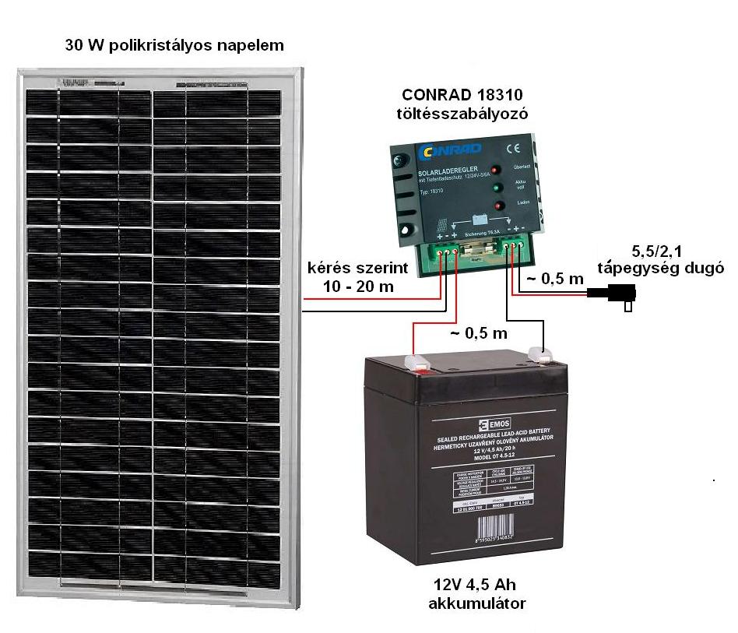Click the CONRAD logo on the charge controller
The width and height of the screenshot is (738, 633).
coord(451,149)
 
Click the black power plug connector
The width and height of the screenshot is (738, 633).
coord(614,295)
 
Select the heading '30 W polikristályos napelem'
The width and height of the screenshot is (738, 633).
coord(174,45)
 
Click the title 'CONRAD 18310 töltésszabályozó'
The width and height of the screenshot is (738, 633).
coord(462,104)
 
